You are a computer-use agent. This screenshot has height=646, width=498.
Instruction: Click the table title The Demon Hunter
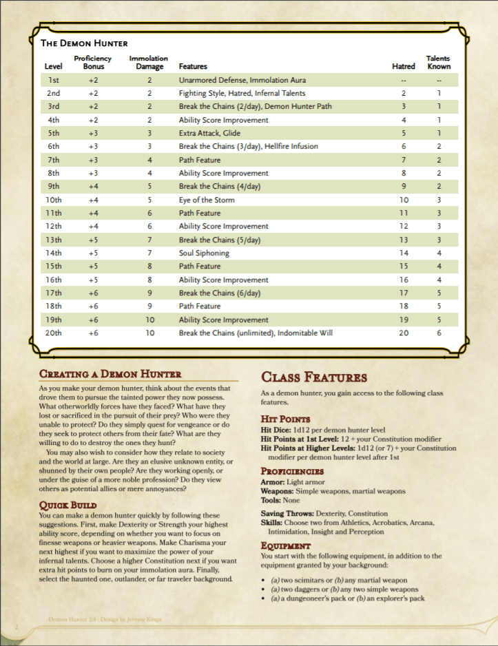pos(84,43)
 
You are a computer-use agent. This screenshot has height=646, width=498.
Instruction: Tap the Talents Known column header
pos(438,63)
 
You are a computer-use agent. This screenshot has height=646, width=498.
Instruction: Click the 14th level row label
pos(53,253)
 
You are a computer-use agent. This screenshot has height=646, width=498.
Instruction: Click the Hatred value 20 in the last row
pos(404,333)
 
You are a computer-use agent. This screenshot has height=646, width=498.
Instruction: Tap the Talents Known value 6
pos(439,333)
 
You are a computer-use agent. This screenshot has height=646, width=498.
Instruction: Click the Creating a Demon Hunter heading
pos(110,375)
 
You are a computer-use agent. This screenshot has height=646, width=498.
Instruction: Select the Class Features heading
pos(313,377)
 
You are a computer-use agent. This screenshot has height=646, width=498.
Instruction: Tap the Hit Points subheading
pos(285,419)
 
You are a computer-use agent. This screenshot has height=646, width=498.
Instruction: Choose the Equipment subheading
pos(286,546)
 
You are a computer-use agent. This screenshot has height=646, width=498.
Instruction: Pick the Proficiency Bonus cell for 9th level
pos(94,186)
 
